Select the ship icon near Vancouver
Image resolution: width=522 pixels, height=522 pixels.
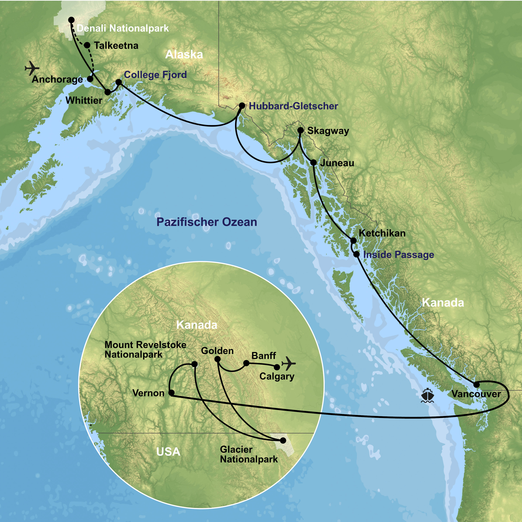428,396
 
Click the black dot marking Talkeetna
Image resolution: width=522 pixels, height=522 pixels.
87,45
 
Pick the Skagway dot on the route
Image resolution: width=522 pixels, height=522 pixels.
300,130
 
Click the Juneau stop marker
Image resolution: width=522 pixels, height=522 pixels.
313,162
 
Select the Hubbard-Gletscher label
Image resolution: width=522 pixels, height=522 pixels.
293,106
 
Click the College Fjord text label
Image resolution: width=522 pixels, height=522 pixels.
155,75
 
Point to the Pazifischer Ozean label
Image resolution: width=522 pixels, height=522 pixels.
207,222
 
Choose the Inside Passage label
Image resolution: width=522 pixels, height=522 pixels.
398,255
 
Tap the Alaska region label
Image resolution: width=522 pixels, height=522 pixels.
184,55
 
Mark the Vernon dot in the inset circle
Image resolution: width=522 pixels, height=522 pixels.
171,393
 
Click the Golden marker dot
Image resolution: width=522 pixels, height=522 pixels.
217,359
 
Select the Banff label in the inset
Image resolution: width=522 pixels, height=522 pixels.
264,355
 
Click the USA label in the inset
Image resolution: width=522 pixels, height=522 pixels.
168,452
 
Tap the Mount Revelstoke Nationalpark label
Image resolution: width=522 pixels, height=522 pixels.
145,349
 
